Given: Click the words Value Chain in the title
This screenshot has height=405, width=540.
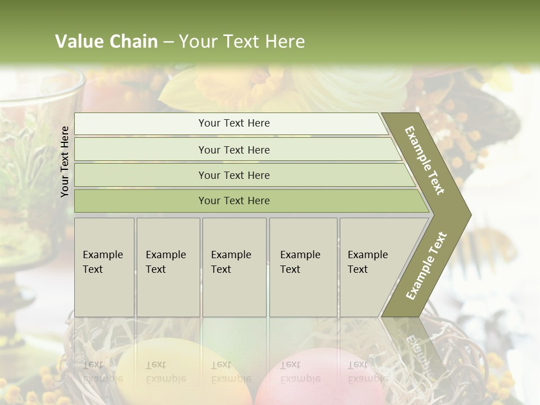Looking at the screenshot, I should (x=106, y=42).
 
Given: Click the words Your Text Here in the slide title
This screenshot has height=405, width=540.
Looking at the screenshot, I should (x=242, y=42).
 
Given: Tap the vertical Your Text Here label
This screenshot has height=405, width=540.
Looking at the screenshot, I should (x=65, y=161).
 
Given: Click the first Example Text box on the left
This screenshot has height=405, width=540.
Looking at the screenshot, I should (x=104, y=267).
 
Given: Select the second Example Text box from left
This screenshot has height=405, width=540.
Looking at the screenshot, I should (x=168, y=267).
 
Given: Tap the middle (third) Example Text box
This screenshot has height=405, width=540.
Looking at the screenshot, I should (x=233, y=267).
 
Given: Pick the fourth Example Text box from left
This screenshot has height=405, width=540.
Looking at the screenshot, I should (x=303, y=267).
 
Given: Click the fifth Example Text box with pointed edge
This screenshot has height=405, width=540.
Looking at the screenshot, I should (x=371, y=267).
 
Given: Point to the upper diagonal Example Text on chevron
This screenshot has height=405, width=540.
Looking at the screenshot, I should (x=425, y=160).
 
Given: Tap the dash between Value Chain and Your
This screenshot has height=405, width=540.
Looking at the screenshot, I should (x=168, y=42).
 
